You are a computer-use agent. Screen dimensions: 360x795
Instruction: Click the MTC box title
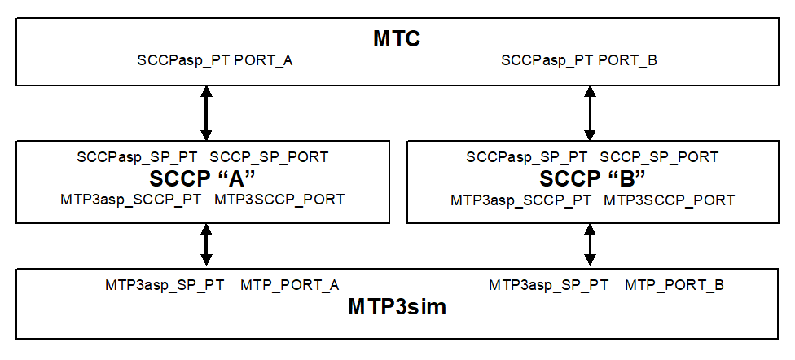click(397, 38)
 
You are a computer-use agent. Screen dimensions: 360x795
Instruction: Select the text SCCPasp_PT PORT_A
click(215, 60)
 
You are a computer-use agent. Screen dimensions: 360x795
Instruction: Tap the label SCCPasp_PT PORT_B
click(579, 60)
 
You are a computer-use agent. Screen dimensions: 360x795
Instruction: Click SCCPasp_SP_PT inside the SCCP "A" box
click(137, 157)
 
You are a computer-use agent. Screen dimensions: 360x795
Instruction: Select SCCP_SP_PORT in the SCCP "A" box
click(270, 157)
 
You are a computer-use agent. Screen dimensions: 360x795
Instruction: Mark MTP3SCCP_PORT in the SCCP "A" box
click(279, 200)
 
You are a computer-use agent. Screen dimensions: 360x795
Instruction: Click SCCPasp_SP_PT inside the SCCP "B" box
click(526, 157)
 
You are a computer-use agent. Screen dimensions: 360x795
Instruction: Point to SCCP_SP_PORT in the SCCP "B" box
click(659, 157)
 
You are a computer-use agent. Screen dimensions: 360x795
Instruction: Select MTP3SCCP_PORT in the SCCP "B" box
click(670, 200)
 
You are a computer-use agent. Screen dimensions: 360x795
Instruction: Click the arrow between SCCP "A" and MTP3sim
click(206, 244)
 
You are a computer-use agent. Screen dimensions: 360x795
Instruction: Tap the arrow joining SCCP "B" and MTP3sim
click(589, 244)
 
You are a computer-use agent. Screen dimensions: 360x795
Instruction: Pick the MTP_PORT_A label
click(289, 285)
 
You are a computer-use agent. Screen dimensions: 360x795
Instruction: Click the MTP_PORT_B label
click(674, 285)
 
